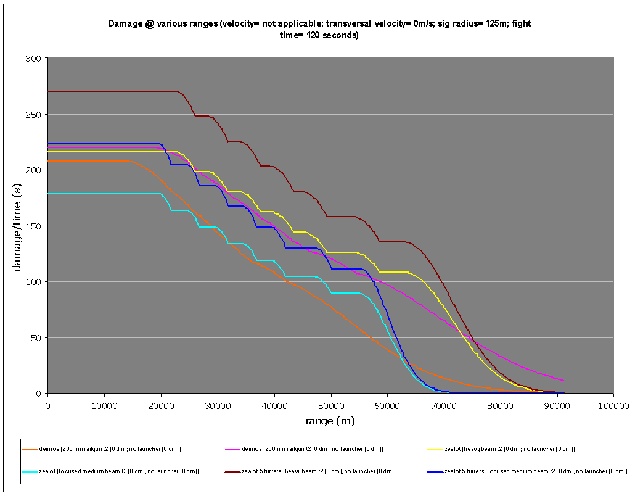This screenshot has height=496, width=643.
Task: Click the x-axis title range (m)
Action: (x=330, y=421)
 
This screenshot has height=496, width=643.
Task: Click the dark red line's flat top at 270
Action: (x=111, y=91)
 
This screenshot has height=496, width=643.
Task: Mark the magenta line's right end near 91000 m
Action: (x=563, y=381)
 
